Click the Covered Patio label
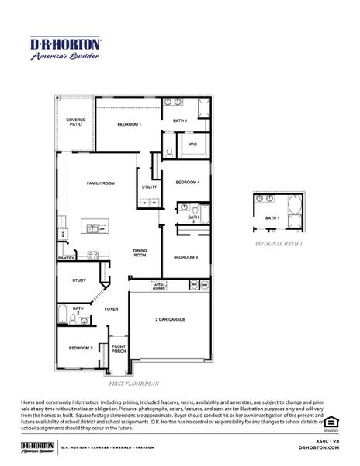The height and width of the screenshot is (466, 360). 75,122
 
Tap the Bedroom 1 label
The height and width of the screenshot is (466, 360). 129,124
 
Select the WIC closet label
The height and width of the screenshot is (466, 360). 191,145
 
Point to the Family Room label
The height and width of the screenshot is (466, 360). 100,183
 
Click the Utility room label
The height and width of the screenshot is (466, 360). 149,187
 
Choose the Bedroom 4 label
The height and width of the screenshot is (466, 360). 187,182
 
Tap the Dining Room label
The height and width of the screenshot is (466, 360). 140,252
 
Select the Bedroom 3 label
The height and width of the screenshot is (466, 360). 185,257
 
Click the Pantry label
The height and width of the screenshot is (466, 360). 66,258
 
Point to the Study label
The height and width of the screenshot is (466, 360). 79,280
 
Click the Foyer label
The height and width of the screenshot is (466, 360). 112,309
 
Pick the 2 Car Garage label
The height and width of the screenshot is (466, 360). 170,319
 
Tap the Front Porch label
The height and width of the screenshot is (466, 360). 119,348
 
